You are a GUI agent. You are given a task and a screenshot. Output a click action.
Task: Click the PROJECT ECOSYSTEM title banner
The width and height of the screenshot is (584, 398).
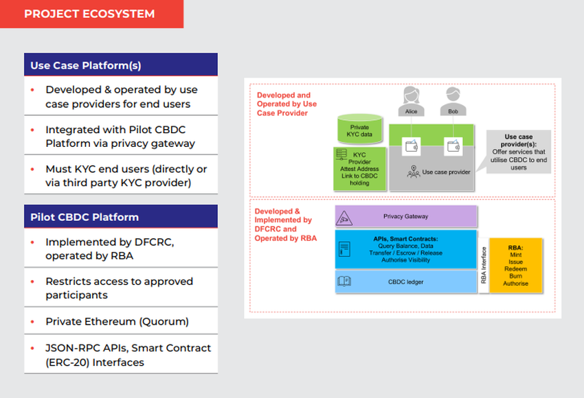[x=90, y=14]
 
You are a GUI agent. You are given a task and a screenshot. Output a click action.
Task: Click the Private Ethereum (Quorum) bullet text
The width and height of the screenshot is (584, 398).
[x=117, y=321]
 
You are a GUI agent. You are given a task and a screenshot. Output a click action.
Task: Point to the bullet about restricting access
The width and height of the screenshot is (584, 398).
[x=119, y=288]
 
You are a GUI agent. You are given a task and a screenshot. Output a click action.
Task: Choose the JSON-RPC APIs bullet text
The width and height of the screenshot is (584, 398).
[x=128, y=355]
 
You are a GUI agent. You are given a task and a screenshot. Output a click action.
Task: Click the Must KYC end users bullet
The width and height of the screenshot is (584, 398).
[x=126, y=175]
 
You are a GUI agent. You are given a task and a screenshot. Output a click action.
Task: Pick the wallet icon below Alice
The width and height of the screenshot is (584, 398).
[x=412, y=145]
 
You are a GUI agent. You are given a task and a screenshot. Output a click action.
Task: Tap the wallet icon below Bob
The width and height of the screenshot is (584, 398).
[x=453, y=145]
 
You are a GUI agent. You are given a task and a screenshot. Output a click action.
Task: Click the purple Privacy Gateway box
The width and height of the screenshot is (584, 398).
[x=406, y=217]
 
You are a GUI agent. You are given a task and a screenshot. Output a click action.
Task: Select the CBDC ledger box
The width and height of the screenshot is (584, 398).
[x=406, y=281]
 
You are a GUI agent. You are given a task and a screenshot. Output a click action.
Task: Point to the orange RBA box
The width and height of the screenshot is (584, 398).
[x=515, y=266]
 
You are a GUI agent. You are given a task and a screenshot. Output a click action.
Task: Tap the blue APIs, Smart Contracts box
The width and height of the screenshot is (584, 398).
[x=406, y=249]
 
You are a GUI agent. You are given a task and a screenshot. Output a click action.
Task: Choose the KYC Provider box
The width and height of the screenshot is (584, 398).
[x=359, y=169]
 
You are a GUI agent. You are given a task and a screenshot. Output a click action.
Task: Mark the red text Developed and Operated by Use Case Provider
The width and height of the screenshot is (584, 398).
[x=287, y=104]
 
